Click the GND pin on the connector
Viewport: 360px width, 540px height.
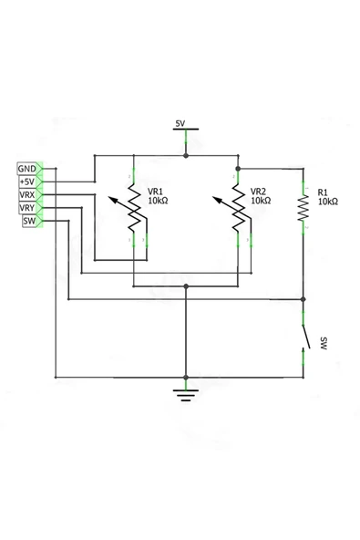tap(27, 169)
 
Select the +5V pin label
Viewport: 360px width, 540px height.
tap(27, 182)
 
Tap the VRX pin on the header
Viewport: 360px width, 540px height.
tap(27, 195)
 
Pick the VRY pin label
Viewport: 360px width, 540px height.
tap(27, 208)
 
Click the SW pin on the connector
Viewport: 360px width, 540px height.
tap(28, 221)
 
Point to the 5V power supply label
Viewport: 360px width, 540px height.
tap(180, 123)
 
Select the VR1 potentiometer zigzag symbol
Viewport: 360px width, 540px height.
tap(135, 209)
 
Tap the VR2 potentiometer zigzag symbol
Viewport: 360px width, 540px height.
tap(238, 209)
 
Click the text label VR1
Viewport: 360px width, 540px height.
tap(155, 192)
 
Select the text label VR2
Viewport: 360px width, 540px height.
tap(258, 192)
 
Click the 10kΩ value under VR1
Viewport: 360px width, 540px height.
tap(159, 202)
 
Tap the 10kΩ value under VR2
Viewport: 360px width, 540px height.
tap(262, 202)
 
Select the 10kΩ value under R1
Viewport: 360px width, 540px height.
tap(327, 202)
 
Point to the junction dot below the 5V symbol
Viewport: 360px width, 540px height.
tap(186, 156)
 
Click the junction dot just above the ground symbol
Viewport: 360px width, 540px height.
tap(186, 376)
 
